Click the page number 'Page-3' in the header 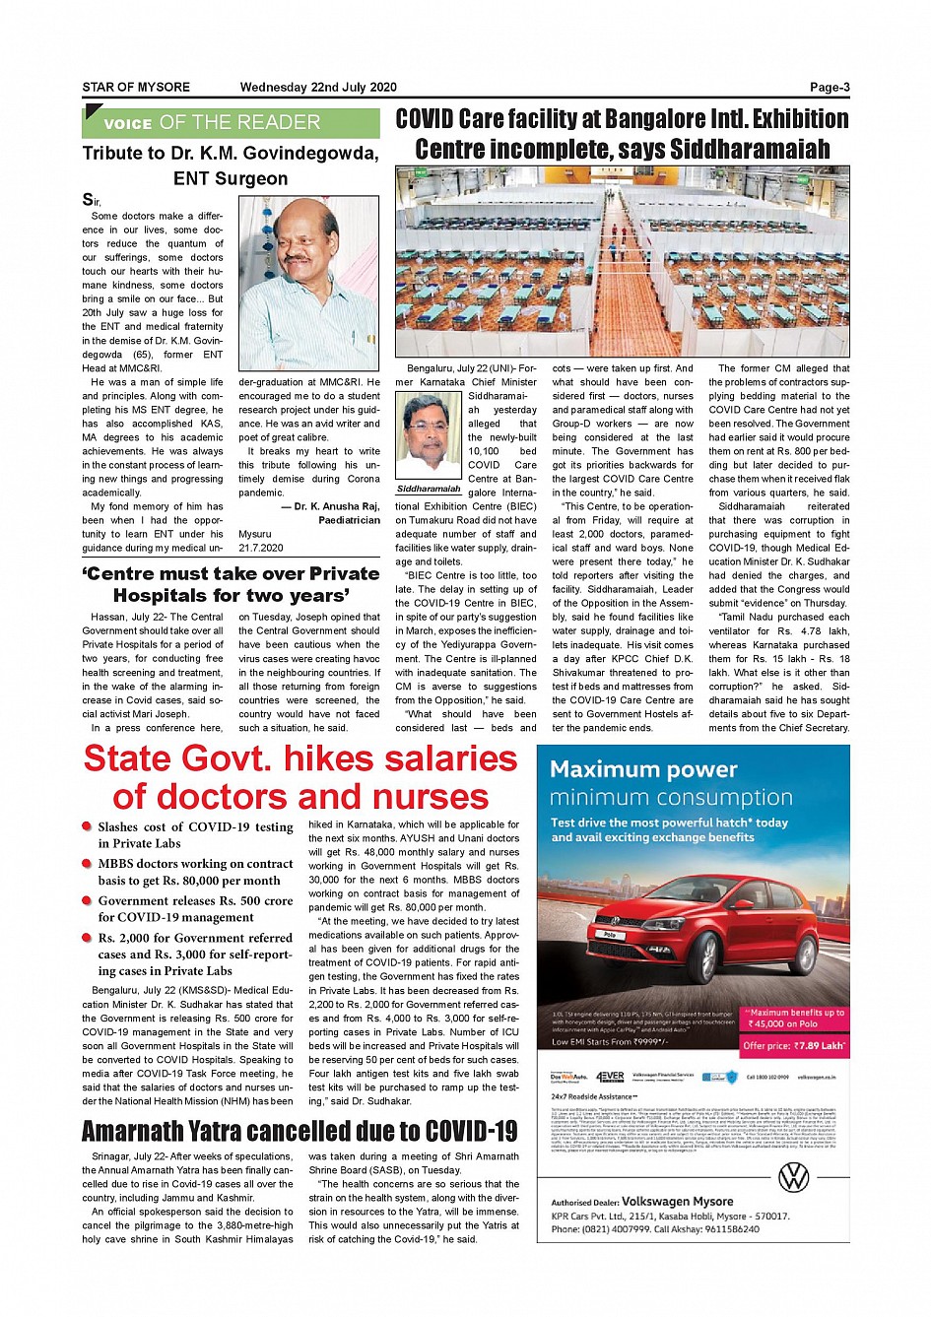[x=830, y=88]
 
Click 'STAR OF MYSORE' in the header [x=136, y=88]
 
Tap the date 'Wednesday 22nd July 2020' [x=318, y=88]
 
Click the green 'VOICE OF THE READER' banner [x=231, y=123]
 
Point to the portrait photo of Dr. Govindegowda [x=308, y=283]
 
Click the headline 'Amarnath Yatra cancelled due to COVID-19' [x=299, y=1131]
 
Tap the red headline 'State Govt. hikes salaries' [x=300, y=759]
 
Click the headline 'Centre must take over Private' [x=231, y=573]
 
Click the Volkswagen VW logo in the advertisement [x=793, y=1176]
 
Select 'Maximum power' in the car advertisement [x=643, y=769]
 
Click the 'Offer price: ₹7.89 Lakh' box [x=793, y=1045]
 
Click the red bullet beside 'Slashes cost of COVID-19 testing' [x=88, y=827]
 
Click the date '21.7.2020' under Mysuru [x=261, y=548]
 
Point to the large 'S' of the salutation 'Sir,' [x=88, y=200]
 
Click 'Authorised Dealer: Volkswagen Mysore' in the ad [x=642, y=1202]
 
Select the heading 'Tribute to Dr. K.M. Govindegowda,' [x=231, y=154]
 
